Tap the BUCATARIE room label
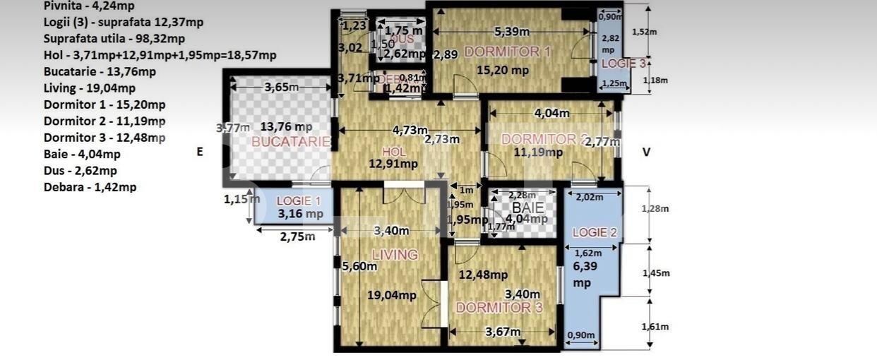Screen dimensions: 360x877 tap(291, 141)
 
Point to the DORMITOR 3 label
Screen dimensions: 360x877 tap(499, 308)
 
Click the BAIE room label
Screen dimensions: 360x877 tap(527, 208)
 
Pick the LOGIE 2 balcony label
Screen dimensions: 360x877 tap(595, 232)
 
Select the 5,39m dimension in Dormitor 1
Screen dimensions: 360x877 tap(513, 31)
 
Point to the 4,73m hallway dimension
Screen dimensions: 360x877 tap(410, 130)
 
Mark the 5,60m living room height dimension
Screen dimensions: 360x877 tap(359, 266)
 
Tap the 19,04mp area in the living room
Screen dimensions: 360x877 tap(391, 296)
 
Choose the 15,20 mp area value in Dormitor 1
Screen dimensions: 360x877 tap(502, 70)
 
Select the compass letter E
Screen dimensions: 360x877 tap(200, 151)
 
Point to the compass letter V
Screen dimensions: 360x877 tap(645, 151)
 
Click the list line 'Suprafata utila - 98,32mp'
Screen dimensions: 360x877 tap(114, 38)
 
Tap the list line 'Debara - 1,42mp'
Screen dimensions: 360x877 tap(90, 187)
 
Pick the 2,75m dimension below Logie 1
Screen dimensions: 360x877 tap(297, 236)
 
